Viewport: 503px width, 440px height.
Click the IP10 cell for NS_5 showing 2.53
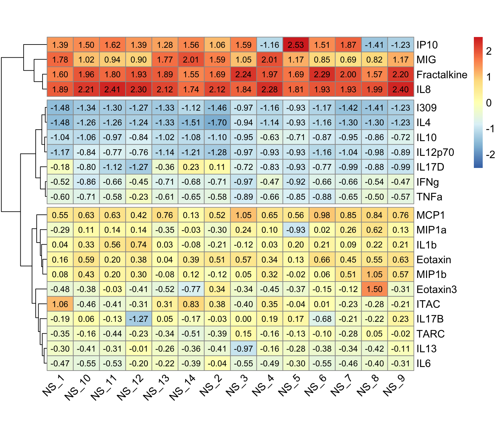pyautogui.click(x=296, y=45)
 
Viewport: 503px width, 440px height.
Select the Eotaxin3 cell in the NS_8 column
pyautogui.click(x=374, y=289)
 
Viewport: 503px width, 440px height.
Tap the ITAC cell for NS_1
pyautogui.click(x=60, y=304)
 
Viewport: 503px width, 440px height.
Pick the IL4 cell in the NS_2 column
pyautogui.click(x=217, y=122)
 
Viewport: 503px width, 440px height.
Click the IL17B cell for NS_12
pyautogui.click(x=139, y=319)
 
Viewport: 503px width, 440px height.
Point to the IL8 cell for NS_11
pyautogui.click(x=112, y=89)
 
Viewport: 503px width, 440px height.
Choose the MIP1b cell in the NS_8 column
pyautogui.click(x=374, y=274)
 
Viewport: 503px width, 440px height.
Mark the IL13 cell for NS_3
pyautogui.click(x=243, y=349)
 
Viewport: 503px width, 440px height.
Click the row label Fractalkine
pyautogui.click(x=442, y=75)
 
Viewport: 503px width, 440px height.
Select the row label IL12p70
pyautogui.click(x=435, y=152)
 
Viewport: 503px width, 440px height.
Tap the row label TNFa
pyautogui.click(x=429, y=197)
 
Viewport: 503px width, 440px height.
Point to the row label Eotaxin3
pyautogui.click(x=437, y=289)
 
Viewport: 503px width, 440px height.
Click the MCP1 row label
pyautogui.click(x=431, y=215)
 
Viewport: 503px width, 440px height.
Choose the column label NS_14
pyautogui.click(x=182, y=388)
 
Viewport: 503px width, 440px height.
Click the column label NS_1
pyautogui.click(x=53, y=386)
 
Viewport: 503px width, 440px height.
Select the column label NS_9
pyautogui.click(x=394, y=386)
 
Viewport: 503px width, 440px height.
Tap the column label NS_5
pyautogui.click(x=289, y=386)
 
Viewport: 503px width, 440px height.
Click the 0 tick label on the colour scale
pyautogui.click(x=489, y=103)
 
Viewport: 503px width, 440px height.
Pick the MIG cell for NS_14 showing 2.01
pyautogui.click(x=191, y=60)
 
